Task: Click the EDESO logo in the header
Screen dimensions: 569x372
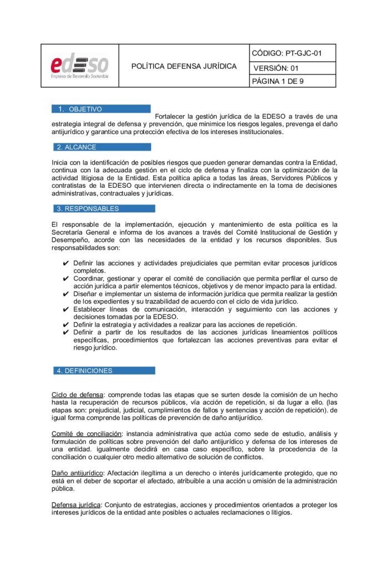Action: (79, 66)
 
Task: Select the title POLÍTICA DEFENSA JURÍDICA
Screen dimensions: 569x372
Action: (184, 66)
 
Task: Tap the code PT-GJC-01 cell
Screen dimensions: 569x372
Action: (286, 53)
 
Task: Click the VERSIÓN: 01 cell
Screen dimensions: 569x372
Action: (276, 68)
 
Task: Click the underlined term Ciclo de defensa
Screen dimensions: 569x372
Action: (77, 395)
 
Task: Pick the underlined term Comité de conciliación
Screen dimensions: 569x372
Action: (86, 433)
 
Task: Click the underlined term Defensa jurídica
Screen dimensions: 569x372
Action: (76, 505)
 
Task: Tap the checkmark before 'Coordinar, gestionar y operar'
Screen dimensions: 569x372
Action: (66, 278)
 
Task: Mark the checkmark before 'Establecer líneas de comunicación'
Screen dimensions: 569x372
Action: (66, 310)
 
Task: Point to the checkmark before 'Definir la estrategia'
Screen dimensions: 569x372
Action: (66, 325)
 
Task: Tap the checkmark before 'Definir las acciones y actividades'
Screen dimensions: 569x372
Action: (66, 263)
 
